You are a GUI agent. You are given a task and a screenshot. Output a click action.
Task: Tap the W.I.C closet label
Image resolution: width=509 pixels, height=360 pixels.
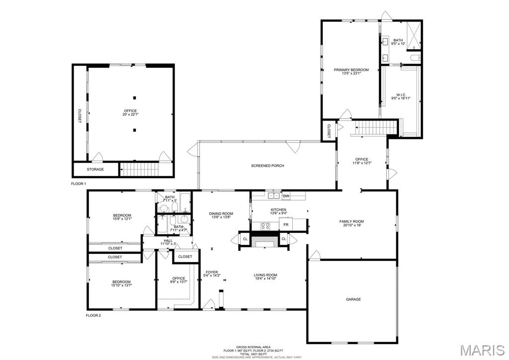point(401,95)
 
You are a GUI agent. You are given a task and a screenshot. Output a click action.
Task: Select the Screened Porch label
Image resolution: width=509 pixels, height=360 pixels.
point(267,166)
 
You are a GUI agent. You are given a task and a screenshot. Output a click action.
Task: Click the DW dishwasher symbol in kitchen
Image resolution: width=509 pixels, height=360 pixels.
point(286,196)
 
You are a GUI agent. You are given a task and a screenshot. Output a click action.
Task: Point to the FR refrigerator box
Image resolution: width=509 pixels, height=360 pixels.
point(286,225)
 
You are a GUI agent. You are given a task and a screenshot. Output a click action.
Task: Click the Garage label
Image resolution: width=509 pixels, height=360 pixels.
point(353,299)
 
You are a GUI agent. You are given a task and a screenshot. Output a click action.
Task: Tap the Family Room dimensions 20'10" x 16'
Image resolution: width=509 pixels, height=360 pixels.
point(351,226)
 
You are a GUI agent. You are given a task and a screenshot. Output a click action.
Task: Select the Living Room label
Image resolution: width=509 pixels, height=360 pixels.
point(265,275)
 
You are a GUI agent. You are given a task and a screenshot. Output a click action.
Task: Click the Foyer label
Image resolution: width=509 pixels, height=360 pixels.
point(211,272)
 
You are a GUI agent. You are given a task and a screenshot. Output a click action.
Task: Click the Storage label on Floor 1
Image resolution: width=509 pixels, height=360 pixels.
point(96,169)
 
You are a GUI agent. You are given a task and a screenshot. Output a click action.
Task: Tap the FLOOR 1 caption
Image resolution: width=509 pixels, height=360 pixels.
point(79,184)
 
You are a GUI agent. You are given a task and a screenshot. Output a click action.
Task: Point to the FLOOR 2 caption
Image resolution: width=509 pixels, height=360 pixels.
point(93,315)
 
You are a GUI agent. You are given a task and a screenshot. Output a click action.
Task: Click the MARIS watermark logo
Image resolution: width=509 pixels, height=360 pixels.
point(483,350)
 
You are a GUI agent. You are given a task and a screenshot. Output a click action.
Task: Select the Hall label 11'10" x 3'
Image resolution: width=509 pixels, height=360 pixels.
point(168,240)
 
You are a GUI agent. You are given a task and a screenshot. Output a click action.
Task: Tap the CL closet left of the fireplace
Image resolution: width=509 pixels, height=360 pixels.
point(245,240)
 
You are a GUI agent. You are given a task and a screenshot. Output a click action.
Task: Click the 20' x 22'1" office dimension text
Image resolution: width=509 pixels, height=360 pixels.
point(130,115)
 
